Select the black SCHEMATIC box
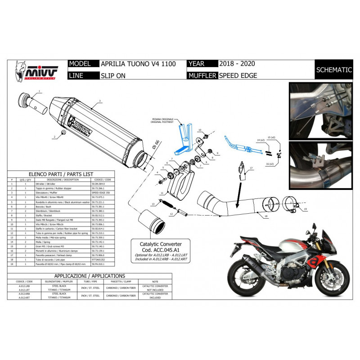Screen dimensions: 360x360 tap(334, 70)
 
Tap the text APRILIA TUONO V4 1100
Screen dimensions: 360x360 tap(138, 64)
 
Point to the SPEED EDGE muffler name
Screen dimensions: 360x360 tap(238, 76)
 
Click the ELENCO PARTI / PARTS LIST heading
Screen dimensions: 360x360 tap(61, 173)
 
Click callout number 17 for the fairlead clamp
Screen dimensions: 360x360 tap(252, 167)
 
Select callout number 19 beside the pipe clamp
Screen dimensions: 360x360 tap(305, 209)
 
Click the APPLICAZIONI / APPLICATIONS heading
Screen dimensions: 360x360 tap(90, 276)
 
